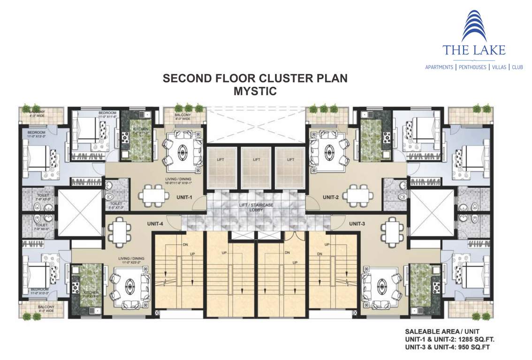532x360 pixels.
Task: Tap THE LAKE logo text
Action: pyautogui.click(x=474, y=50)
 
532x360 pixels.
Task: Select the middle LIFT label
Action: pyautogui.click(x=256, y=160)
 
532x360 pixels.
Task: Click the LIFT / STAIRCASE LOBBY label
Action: pyautogui.click(x=256, y=207)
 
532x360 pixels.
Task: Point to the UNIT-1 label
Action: pyautogui.click(x=184, y=197)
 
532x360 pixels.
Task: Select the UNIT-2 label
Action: pyautogui.click(x=330, y=197)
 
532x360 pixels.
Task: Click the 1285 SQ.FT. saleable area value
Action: pyautogui.click(x=471, y=339)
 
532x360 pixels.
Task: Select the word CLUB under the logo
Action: pyautogui.click(x=517, y=67)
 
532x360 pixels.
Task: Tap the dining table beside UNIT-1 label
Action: pyautogui.click(x=153, y=193)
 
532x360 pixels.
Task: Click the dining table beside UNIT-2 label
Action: pyautogui.click(x=359, y=193)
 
